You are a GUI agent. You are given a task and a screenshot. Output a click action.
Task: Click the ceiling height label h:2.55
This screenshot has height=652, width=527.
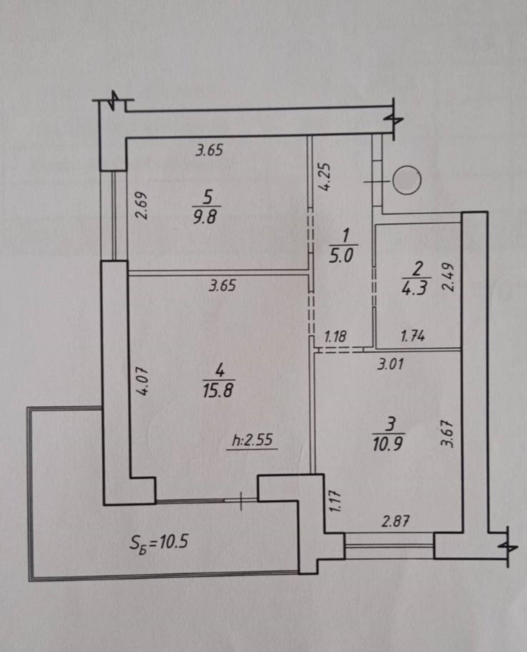tap(252, 441)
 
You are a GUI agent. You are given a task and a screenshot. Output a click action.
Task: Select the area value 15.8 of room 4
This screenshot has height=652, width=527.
tap(218, 390)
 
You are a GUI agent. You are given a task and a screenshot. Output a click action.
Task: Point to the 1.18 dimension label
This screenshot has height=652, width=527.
tap(335, 337)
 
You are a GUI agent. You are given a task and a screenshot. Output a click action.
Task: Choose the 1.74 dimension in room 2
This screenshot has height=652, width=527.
tap(413, 337)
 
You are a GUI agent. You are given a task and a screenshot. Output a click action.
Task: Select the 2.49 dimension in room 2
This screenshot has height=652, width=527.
tap(448, 278)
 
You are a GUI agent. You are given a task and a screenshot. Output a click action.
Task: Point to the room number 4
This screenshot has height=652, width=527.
tap(219, 372)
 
